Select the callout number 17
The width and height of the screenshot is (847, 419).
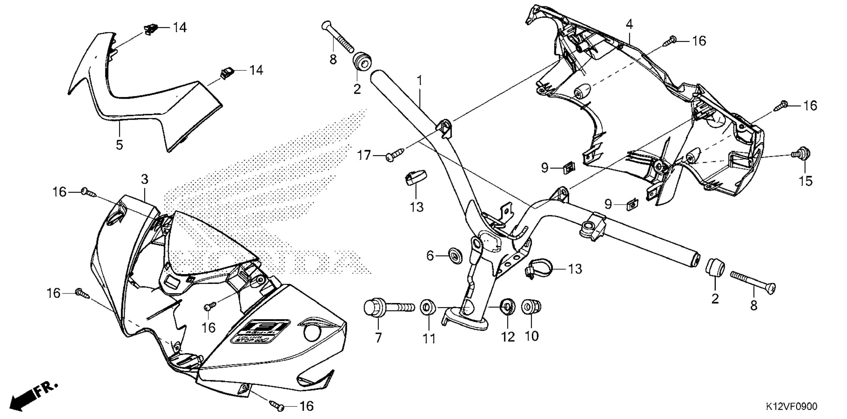pyautogui.click(x=364, y=155)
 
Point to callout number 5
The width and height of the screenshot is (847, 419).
pyautogui.click(x=119, y=144)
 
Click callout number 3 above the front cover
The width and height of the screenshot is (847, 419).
pyautogui.click(x=144, y=179)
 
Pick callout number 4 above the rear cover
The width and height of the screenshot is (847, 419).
pyautogui.click(x=629, y=24)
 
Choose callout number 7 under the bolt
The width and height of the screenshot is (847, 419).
pyautogui.click(x=378, y=337)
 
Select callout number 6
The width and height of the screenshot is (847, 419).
pyautogui.click(x=430, y=255)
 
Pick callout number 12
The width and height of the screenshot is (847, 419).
pyautogui.click(x=508, y=337)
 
